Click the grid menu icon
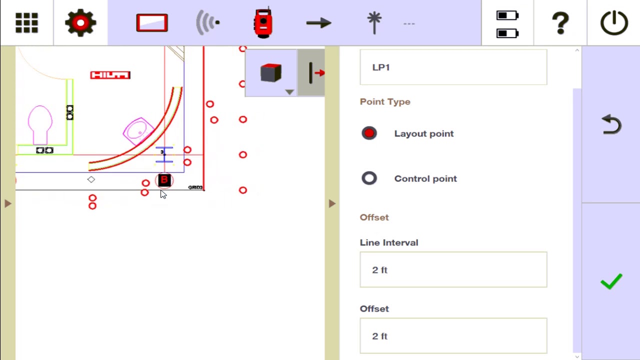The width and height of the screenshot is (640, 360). (26, 23)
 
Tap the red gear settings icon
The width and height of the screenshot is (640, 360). (80, 23)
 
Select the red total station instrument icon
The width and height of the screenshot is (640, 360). (263, 23)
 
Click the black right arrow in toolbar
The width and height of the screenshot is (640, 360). (318, 23)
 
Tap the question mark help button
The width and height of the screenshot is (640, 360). (560, 23)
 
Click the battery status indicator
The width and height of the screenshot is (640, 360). (507, 24)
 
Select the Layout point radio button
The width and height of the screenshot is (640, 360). (369, 133)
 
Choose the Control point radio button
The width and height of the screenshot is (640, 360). (369, 178)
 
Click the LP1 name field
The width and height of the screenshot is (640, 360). (453, 67)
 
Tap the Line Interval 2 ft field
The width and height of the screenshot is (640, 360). (453, 270)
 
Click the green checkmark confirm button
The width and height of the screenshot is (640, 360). (611, 281)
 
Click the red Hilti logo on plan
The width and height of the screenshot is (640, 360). (110, 75)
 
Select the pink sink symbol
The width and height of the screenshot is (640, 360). (137, 130)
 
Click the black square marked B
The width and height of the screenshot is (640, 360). (164, 180)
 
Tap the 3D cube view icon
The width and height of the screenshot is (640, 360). (271, 73)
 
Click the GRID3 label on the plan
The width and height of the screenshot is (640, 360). (195, 187)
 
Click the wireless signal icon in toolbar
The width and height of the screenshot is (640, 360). (207, 23)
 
